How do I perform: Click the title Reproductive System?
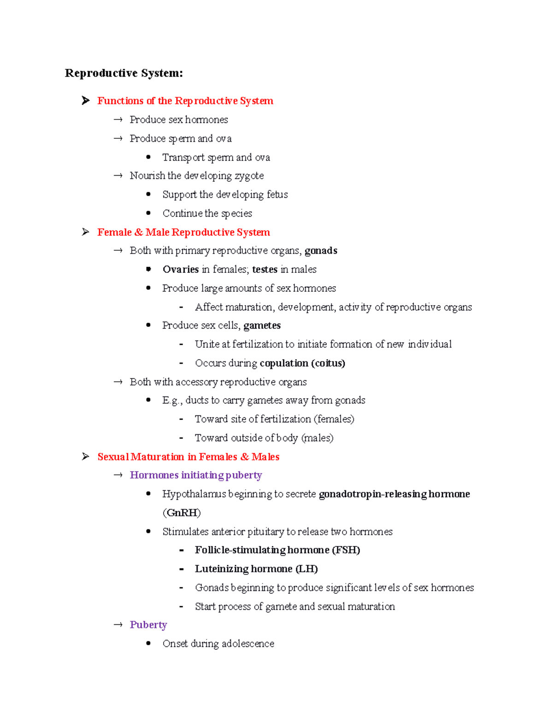[124, 73]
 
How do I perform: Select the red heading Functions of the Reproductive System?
[185, 101]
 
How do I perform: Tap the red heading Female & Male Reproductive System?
[183, 232]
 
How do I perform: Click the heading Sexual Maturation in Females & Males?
[188, 456]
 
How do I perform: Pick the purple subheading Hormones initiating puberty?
[195, 475]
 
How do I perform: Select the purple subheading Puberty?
[148, 625]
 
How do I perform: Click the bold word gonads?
[321, 250]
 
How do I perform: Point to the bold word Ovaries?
[180, 269]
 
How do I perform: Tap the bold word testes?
[265, 269]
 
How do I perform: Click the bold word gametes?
[262, 325]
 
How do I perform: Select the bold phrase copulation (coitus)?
[302, 363]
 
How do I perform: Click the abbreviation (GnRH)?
[182, 513]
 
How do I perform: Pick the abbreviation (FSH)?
[346, 550]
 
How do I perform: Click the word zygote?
[249, 176]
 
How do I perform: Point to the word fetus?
[277, 195]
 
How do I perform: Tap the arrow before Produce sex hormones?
[118, 120]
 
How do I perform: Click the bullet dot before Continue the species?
[148, 213]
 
